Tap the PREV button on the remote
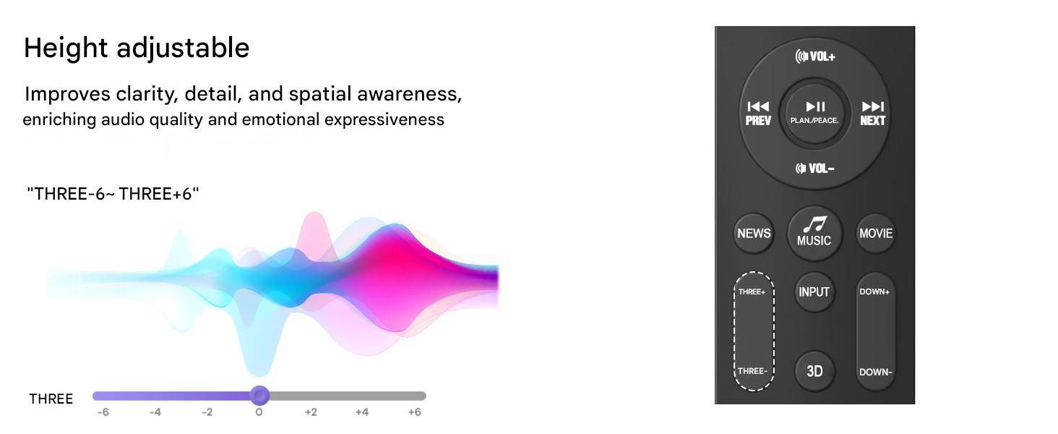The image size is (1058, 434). pos(758,114)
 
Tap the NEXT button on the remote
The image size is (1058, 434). pos(872,114)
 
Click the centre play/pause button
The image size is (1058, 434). pos(814,113)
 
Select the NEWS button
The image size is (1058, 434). pos(754,234)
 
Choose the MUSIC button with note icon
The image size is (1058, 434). pos(814,233)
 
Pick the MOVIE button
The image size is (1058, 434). pos(876,234)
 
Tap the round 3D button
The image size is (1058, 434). pos(814,371)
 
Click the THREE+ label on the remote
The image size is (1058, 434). pos(752,292)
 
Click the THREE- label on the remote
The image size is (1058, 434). pos(752,371)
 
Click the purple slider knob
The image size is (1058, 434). pos(259,396)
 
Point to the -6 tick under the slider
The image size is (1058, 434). pos(103,412)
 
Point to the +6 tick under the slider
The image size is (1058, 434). pos(414,412)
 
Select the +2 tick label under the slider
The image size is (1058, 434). pos(311,412)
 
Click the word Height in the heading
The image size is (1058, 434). pos(66,48)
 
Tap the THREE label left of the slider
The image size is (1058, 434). pos(51,399)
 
